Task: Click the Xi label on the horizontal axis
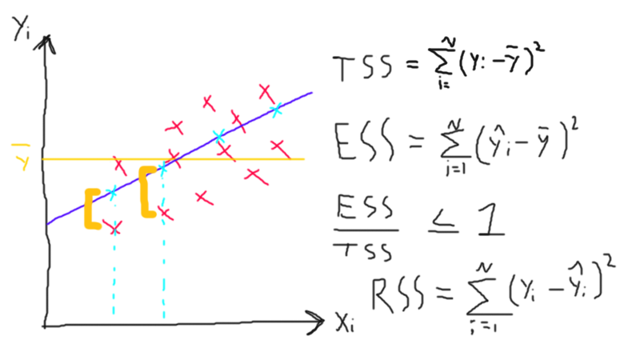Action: click(x=346, y=325)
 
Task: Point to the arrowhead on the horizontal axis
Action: click(x=318, y=325)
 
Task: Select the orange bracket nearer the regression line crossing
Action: click(x=146, y=192)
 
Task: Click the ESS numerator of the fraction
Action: click(x=362, y=212)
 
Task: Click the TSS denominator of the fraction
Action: click(x=362, y=250)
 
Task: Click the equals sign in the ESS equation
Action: click(x=418, y=144)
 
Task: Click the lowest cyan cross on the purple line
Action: click(x=112, y=192)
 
